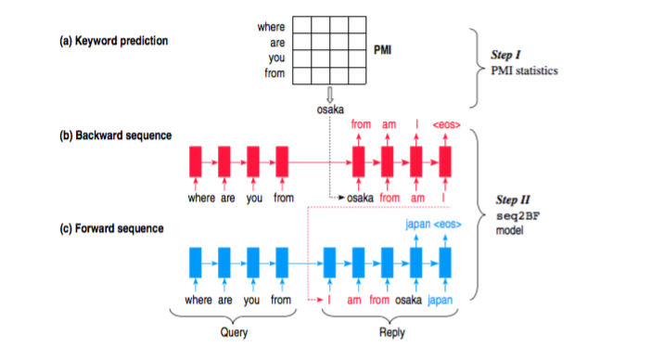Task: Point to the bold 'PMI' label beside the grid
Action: tap(381, 49)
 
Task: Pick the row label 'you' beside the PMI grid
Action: tap(276, 58)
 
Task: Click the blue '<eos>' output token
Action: tap(446, 224)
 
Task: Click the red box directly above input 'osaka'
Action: tap(359, 161)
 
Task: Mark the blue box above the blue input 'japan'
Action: tap(445, 262)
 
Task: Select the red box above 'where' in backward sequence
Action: tap(196, 161)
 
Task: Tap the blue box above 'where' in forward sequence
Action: tap(196, 262)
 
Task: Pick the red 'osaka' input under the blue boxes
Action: tap(409, 300)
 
